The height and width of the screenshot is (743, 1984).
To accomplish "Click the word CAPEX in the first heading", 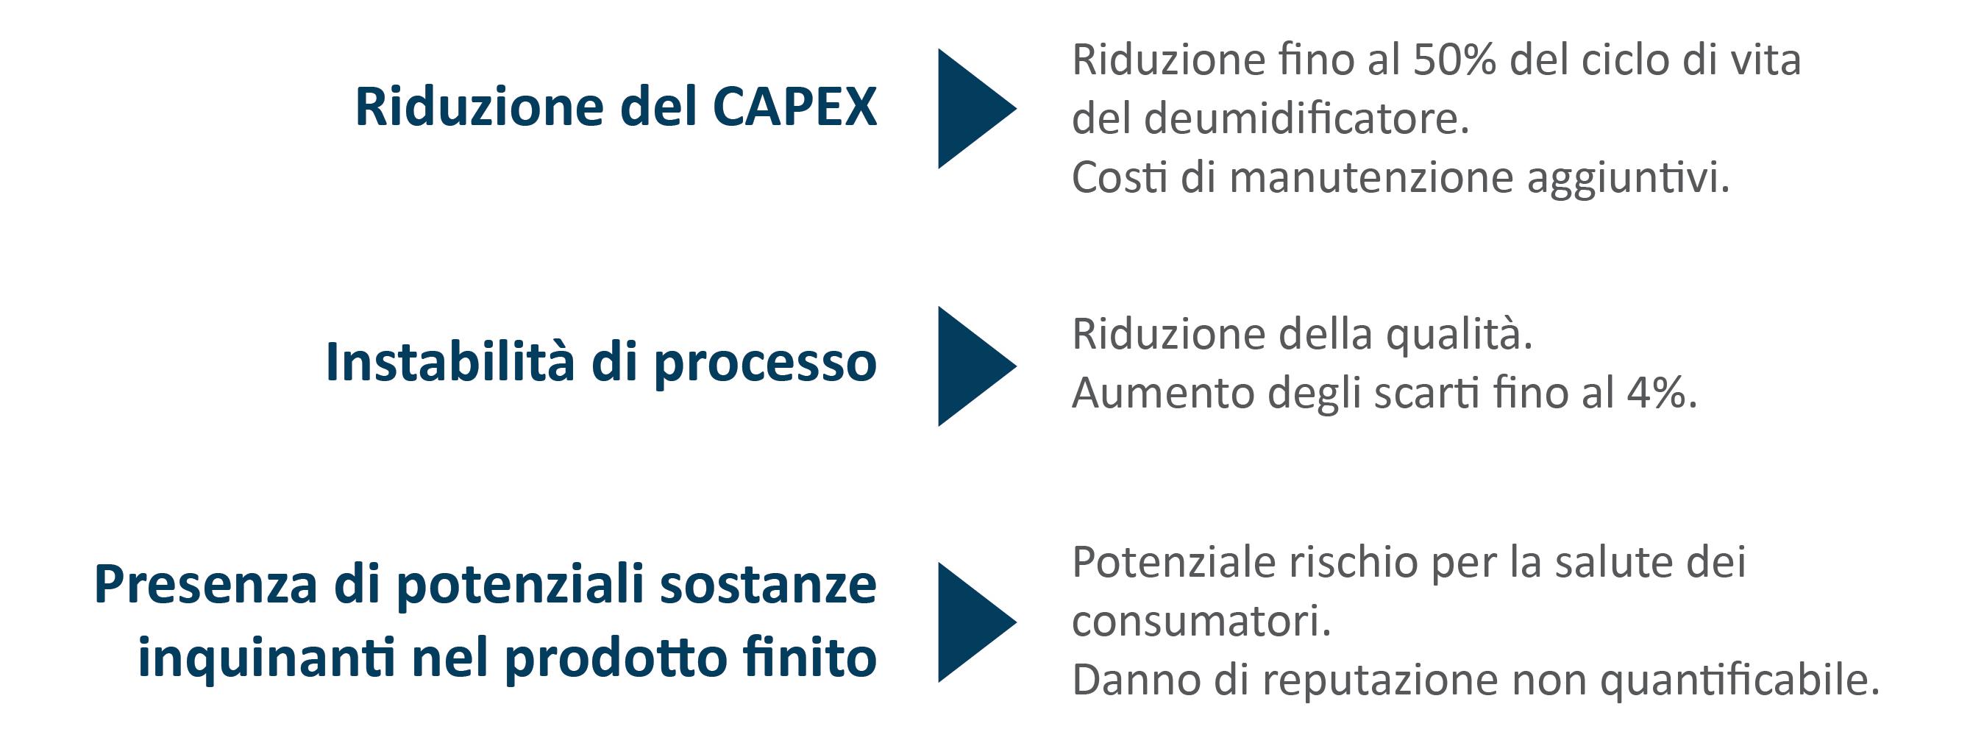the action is pos(794,106).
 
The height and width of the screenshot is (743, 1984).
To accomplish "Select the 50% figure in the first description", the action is pos(1454,60).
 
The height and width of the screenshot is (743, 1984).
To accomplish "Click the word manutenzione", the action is pos(1372,178).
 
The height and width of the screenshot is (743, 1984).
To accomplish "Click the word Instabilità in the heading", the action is pos(449,361).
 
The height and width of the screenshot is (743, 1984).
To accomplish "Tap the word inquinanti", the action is pos(266,659).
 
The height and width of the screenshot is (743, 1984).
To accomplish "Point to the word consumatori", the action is pos(1201,622).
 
